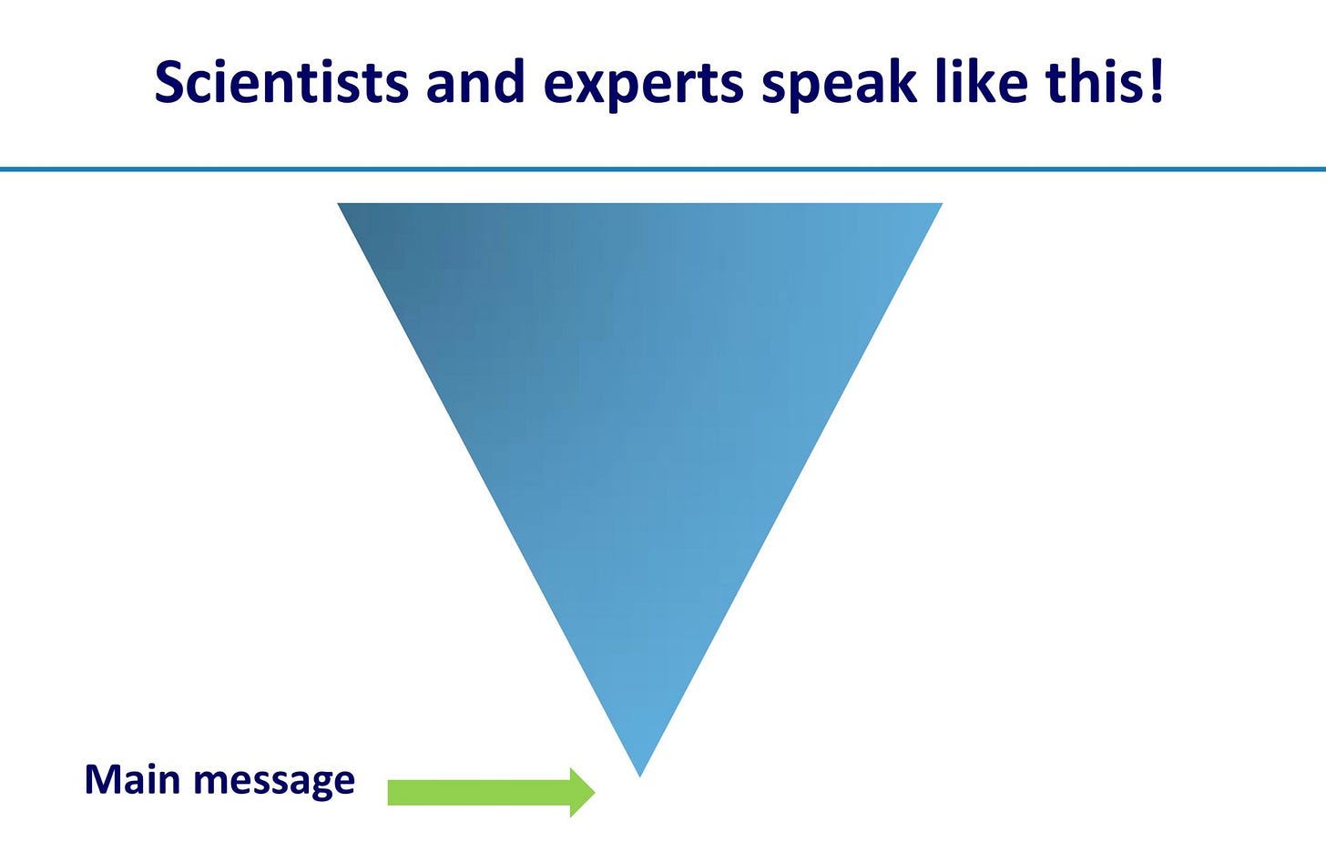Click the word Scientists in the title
point(281,82)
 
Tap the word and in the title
point(474,82)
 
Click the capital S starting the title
point(170,83)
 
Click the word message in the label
point(274,783)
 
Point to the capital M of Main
point(102,780)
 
